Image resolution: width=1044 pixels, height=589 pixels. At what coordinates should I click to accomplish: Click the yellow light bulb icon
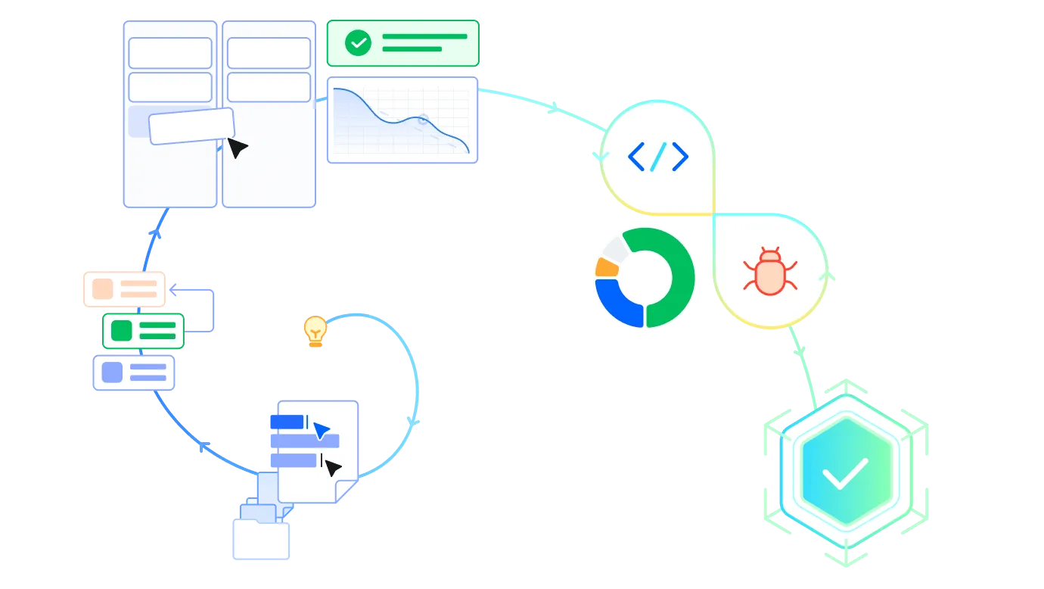(x=315, y=331)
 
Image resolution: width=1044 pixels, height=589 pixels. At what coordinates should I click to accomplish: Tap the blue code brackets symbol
(x=658, y=157)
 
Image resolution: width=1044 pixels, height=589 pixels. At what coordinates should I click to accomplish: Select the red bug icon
(x=769, y=271)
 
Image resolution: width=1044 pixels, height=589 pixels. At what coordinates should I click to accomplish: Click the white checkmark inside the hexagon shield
(x=845, y=474)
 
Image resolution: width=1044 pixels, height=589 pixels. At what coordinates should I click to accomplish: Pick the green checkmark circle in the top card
(x=358, y=43)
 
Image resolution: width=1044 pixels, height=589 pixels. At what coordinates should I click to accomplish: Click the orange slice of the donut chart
(x=606, y=267)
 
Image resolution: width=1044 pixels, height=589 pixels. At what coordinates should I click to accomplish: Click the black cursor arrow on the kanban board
(x=237, y=148)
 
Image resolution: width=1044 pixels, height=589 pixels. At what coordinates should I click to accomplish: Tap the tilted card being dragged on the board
(x=191, y=126)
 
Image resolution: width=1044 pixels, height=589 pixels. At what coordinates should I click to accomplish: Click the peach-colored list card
(x=123, y=288)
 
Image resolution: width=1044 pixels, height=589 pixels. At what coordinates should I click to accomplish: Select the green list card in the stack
(x=144, y=331)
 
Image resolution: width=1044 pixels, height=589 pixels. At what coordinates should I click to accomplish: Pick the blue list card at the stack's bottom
(x=134, y=372)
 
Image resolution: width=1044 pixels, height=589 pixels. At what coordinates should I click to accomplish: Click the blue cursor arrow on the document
(x=322, y=430)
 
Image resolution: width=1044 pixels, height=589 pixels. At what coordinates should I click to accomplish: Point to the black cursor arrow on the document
(x=331, y=468)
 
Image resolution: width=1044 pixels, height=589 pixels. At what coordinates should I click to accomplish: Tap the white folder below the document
(x=260, y=539)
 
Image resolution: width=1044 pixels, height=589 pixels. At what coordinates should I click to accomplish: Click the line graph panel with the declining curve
(x=402, y=120)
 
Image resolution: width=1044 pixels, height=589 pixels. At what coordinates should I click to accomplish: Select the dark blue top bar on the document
(x=286, y=421)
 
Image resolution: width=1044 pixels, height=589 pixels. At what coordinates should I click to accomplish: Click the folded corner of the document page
(x=346, y=491)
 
